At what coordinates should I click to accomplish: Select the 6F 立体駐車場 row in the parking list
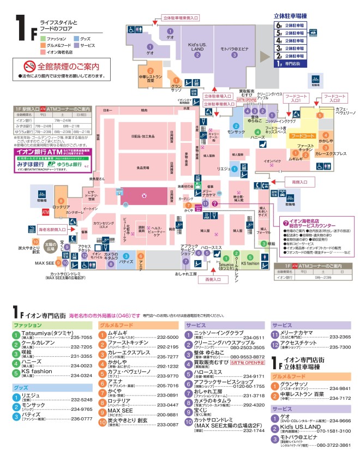pos(291,25)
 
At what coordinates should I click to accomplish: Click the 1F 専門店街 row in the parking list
pos(291,63)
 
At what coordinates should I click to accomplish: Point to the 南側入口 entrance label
pos(299,181)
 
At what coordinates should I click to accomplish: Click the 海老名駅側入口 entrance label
pos(52,230)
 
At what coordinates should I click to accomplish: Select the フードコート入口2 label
pos(334,98)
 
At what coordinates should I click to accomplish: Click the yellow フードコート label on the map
pos(302,134)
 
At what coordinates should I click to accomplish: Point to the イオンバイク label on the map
pos(272,161)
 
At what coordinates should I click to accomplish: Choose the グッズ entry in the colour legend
pos(85,39)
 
